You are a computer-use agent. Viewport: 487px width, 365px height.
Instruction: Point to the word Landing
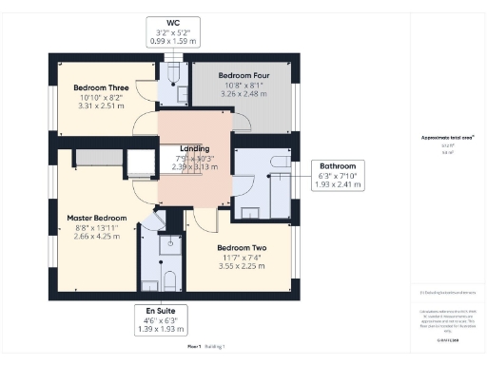coord(194,148)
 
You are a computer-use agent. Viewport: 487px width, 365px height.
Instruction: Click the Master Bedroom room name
coord(96,217)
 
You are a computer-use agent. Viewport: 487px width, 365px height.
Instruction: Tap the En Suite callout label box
coord(160,317)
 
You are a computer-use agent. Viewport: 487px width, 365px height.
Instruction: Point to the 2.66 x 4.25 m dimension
coord(96,235)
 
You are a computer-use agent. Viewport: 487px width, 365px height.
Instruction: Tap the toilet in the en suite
coord(168,279)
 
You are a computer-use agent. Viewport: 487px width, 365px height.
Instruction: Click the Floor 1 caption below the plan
coord(194,347)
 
